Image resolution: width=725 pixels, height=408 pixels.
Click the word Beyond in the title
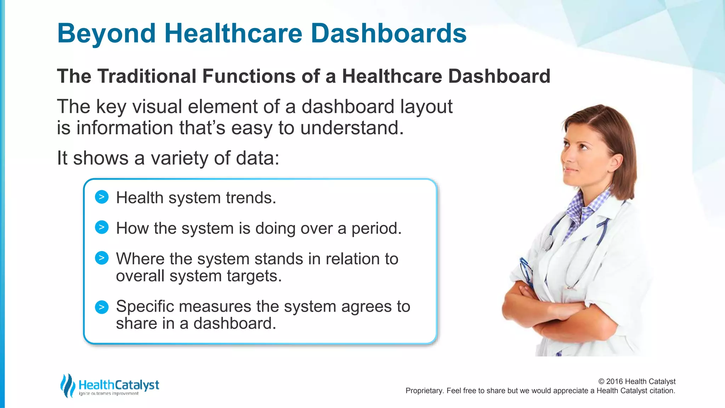coord(106,34)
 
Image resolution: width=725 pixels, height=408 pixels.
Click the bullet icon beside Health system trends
coord(102,197)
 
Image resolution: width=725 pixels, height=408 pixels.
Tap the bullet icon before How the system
coord(102,227)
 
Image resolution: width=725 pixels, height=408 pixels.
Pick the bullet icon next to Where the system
coord(102,258)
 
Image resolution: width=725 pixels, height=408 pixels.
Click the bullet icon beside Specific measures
coord(102,307)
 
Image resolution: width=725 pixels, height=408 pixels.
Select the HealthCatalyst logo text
coord(119,385)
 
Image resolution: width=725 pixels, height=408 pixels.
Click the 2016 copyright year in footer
coord(615,381)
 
